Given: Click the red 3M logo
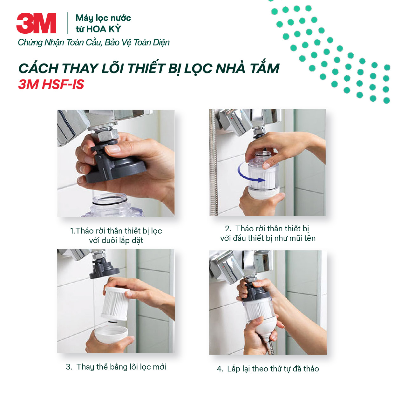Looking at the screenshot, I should coord(36,23).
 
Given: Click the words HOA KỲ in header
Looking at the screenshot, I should coord(104,29).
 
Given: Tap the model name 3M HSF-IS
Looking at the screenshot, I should coord(51,85).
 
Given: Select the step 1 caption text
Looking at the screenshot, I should coord(116,235).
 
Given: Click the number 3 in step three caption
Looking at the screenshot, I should coord(68,367).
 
